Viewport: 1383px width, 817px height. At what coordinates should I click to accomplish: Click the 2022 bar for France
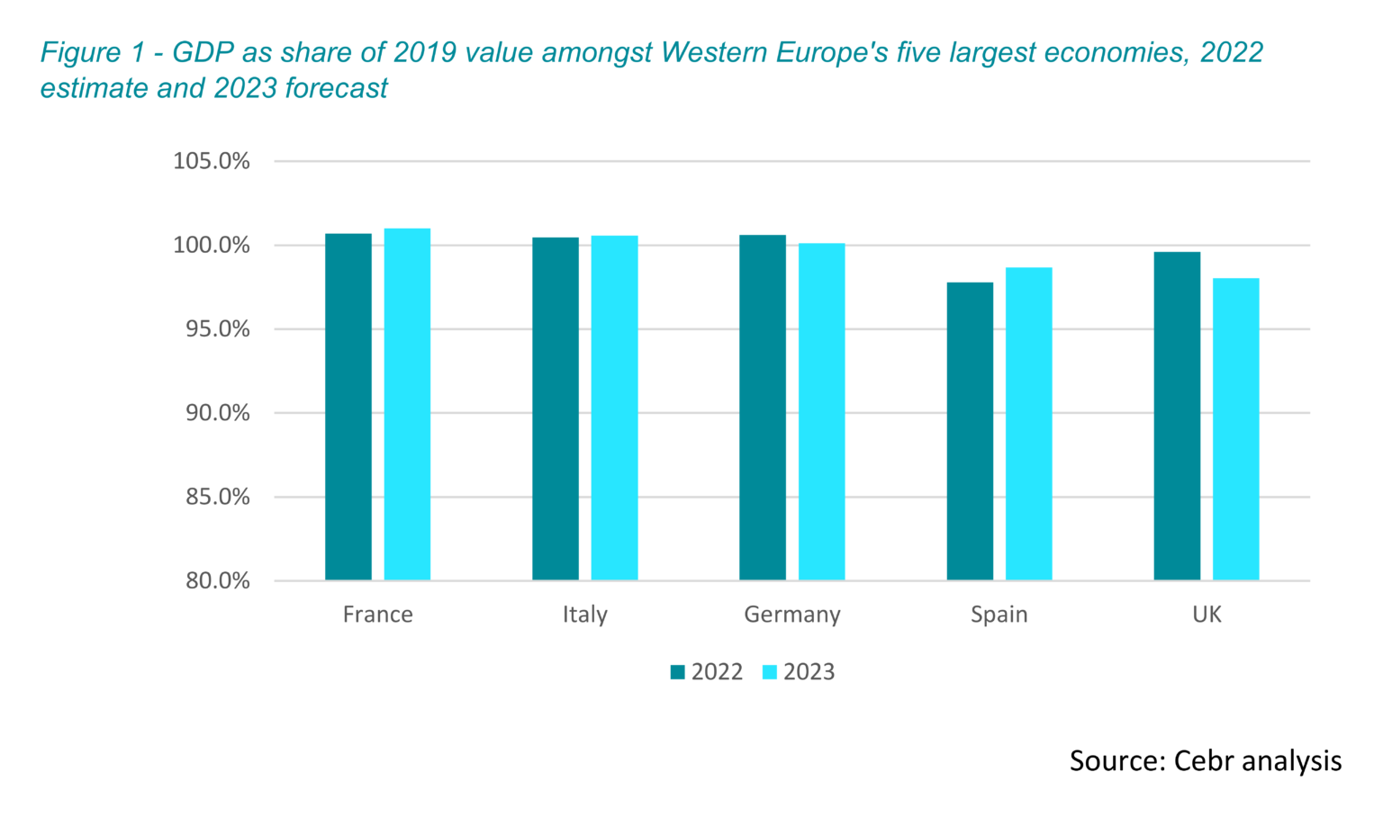pos(348,407)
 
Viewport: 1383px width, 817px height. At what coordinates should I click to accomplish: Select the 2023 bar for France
pos(407,404)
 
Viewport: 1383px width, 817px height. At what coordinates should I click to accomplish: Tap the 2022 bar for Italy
pos(556,408)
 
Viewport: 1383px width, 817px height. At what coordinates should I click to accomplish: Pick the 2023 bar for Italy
pos(614,408)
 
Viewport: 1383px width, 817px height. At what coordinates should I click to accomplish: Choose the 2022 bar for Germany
pos(763,408)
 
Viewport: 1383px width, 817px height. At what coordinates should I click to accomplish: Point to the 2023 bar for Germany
pos(821,411)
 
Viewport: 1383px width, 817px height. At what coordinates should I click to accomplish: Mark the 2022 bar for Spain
pos(970,431)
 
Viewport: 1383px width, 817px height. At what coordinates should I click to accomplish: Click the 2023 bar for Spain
pos(1028,424)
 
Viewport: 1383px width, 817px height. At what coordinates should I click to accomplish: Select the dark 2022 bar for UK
pos(1177,416)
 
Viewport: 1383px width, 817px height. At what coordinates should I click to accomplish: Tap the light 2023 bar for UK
pos(1235,429)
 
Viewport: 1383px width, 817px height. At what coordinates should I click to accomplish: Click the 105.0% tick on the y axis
pos(212,161)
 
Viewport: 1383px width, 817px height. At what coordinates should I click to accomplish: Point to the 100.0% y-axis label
pos(212,246)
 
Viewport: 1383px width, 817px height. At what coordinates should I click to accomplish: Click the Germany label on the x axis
pos(792,615)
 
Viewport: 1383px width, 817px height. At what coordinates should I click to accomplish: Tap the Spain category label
pos(999,615)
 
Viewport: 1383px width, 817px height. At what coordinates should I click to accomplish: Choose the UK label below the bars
pos(1207,615)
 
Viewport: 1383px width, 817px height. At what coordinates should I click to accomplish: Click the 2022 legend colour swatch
pos(678,672)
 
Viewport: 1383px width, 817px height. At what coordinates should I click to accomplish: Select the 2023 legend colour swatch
pos(770,672)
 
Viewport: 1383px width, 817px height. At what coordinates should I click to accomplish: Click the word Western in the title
pos(718,53)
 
